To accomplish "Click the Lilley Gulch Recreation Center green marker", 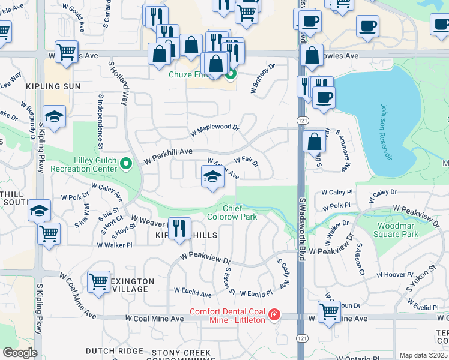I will tap(126, 163).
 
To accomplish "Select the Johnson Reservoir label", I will tap(386, 132).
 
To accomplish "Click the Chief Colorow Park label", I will tap(232, 212).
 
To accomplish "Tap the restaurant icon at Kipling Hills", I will tap(179, 229).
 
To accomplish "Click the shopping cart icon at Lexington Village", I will tap(98, 281).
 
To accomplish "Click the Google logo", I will tap(20, 352).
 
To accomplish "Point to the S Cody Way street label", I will tap(283, 272).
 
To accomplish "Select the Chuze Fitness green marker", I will tap(231, 74).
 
